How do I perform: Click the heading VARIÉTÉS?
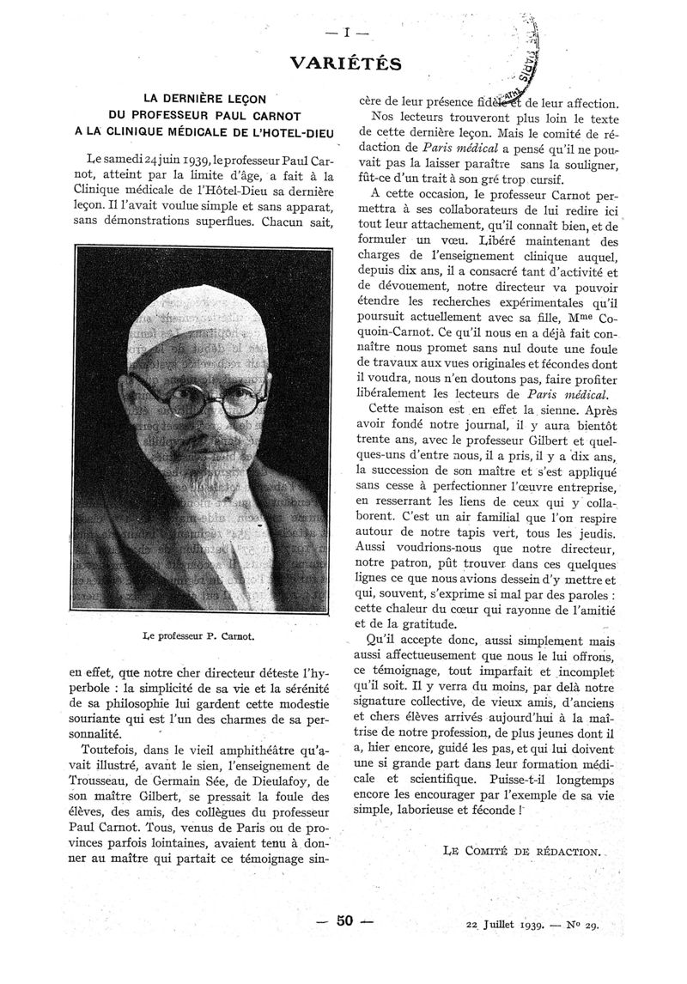[346, 63]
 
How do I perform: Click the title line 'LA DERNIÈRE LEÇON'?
[204, 99]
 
